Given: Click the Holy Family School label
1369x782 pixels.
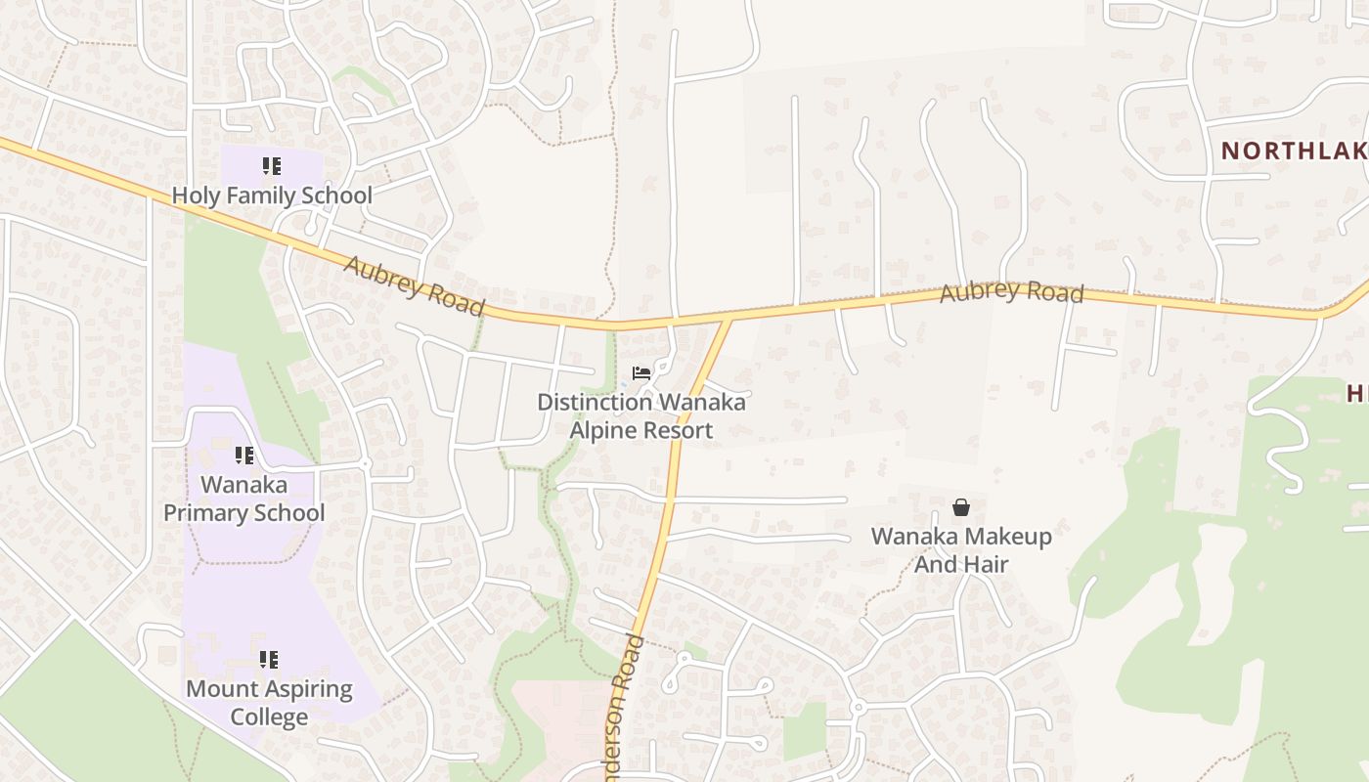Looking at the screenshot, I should pyautogui.click(x=272, y=195).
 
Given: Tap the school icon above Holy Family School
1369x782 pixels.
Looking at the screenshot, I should pyautogui.click(x=272, y=166).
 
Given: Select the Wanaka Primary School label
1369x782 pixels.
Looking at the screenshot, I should pyautogui.click(x=243, y=499).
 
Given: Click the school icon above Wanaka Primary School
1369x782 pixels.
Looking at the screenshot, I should pyautogui.click(x=243, y=456).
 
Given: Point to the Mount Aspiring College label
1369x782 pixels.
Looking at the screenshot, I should pyautogui.click(x=269, y=703).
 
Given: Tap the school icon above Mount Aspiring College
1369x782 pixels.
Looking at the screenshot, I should pyautogui.click(x=269, y=660).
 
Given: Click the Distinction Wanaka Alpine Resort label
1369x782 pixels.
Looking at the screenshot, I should pyautogui.click(x=641, y=416).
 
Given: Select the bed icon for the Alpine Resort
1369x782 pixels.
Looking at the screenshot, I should pyautogui.click(x=641, y=373).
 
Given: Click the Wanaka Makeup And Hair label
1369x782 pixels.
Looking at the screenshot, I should pyautogui.click(x=961, y=550).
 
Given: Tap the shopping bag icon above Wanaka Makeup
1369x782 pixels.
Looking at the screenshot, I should pyautogui.click(x=961, y=507).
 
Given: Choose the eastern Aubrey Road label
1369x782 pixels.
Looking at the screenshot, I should pyautogui.click(x=1011, y=292).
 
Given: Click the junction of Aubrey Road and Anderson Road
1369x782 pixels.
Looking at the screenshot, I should pyautogui.click(x=729, y=319).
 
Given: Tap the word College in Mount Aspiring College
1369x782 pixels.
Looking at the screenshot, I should pyautogui.click(x=269, y=717).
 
